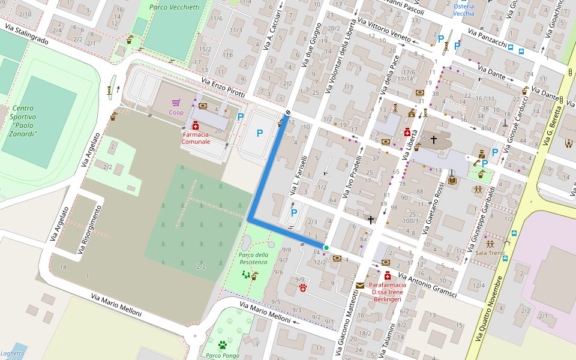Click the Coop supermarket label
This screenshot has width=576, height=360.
pos(176,112)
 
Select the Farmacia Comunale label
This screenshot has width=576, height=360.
pos(196,138)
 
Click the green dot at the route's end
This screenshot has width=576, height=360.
pos(326,247)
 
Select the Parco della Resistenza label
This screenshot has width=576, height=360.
pos(253,258)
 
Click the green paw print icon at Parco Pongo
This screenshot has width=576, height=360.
pos(223,345)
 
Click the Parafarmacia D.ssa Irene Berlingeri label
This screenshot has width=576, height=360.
pos(387,291)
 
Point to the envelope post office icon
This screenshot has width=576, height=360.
pos(359,286)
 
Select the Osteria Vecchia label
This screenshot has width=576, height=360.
pos(463,10)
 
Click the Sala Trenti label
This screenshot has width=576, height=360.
pos(490,253)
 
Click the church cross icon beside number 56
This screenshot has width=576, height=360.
pos(434,139)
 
